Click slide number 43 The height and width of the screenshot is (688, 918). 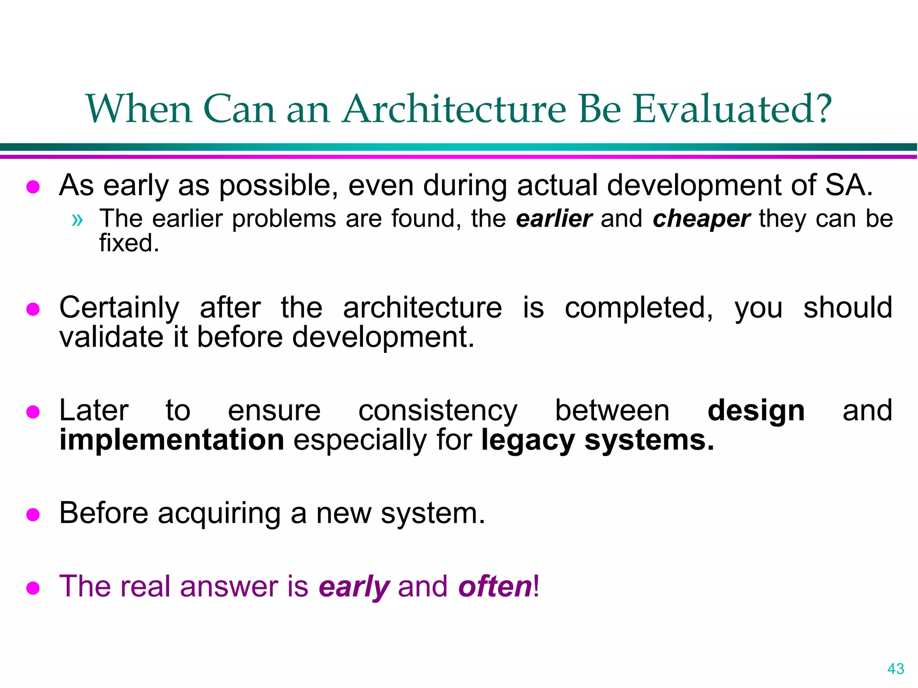[x=896, y=669]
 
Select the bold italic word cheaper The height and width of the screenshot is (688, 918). [x=701, y=219]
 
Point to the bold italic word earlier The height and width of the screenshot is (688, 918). [x=554, y=219]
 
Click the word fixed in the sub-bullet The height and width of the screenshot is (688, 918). [x=129, y=243]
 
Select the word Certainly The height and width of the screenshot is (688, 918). [x=119, y=308]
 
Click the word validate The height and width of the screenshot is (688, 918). [x=111, y=337]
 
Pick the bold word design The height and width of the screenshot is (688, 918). [x=756, y=411]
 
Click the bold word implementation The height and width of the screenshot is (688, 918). [x=172, y=440]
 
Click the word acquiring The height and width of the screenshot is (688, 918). [x=220, y=513]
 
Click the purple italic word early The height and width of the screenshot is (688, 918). [x=354, y=587]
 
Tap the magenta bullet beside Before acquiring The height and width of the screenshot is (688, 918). [x=33, y=515]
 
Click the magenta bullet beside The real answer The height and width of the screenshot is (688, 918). [x=33, y=588]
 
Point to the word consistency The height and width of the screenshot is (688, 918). [x=437, y=411]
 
